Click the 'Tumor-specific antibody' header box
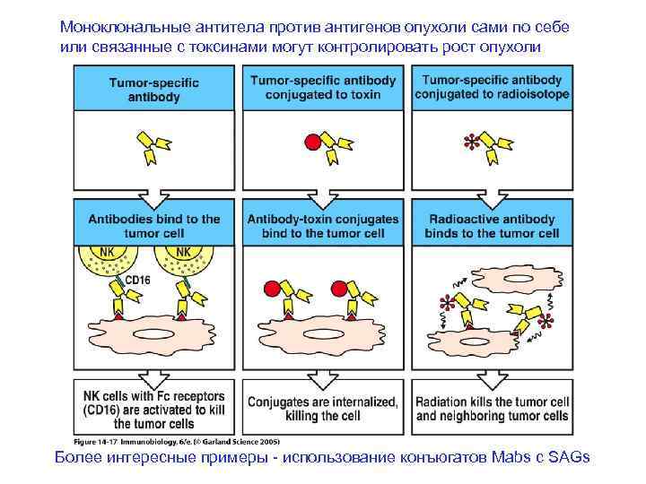click(158, 88)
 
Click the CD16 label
click(136, 281)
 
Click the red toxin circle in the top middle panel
click(311, 141)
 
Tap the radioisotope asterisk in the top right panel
click(467, 141)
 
